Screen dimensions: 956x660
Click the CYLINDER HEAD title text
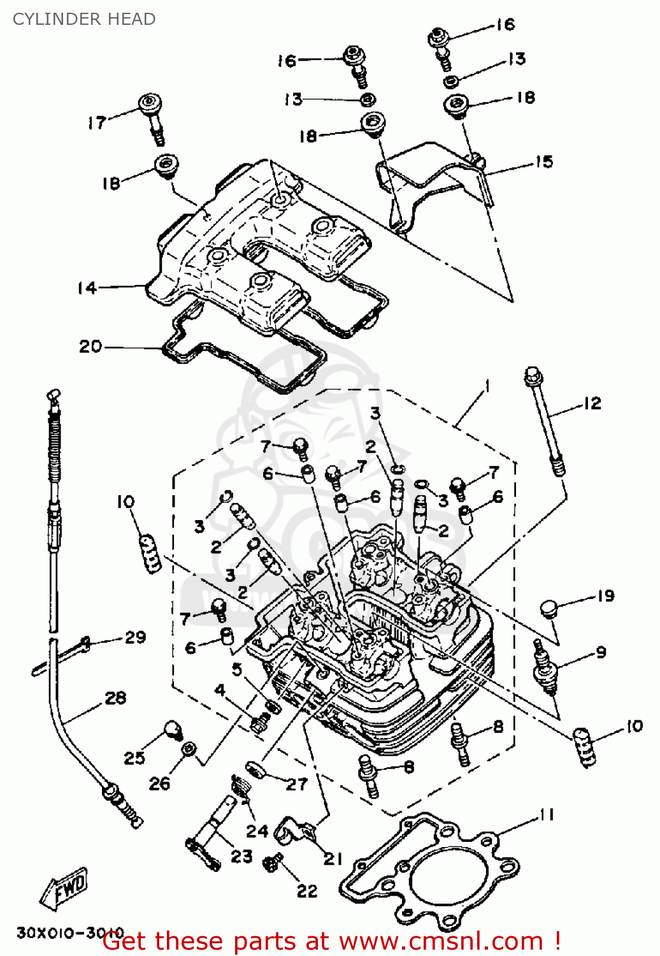click(84, 19)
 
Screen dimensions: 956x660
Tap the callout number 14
click(87, 288)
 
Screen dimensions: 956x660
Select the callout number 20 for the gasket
click(90, 347)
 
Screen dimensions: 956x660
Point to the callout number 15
click(543, 162)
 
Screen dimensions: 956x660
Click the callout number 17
click(97, 122)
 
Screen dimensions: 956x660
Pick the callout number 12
click(592, 403)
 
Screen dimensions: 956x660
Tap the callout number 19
click(605, 596)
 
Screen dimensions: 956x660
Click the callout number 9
click(601, 652)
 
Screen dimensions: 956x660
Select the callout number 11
click(547, 815)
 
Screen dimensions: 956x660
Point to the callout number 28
click(115, 698)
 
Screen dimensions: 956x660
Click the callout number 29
click(135, 637)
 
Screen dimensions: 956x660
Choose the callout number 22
click(307, 891)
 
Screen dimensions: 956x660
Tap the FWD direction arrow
click(64, 887)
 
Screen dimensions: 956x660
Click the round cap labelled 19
click(549, 609)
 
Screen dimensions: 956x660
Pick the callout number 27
click(296, 784)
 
